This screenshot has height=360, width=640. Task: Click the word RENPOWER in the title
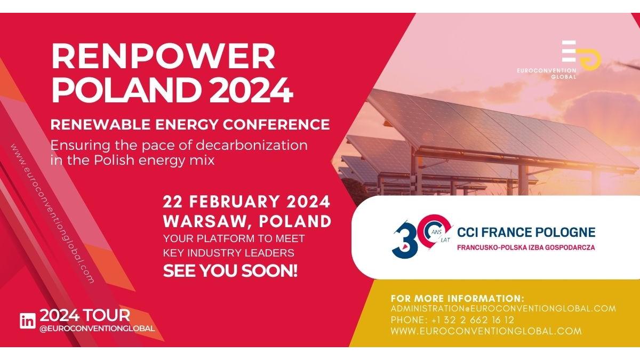[163, 56]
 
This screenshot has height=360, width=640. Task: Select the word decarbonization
[251, 145]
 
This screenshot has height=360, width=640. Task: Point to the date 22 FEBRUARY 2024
[246, 202]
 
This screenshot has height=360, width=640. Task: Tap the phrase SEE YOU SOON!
[230, 270]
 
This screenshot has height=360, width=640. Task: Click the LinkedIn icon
[28, 321]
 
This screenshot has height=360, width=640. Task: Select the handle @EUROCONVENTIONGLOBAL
[97, 329]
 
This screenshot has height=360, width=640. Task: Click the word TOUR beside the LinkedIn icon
[107, 316]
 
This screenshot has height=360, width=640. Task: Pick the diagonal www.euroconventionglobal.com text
[53, 213]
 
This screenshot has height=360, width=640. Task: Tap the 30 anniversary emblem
[421, 236]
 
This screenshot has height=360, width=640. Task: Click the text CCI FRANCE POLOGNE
[526, 233]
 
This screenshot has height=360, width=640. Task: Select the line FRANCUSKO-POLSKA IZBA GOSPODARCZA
[526, 247]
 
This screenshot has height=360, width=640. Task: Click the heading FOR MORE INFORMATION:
[458, 299]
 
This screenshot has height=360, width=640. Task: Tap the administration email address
[503, 309]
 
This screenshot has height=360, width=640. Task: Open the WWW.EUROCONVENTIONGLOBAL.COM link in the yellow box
[486, 331]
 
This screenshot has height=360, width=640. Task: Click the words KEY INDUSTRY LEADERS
[229, 253]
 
